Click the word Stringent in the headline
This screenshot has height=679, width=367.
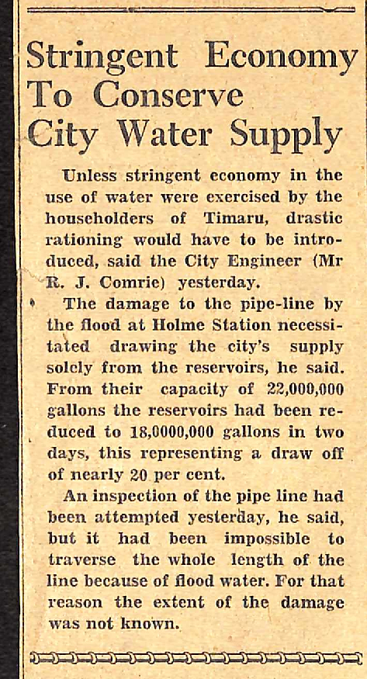coord(102,56)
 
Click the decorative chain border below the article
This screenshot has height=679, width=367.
coord(194,658)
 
